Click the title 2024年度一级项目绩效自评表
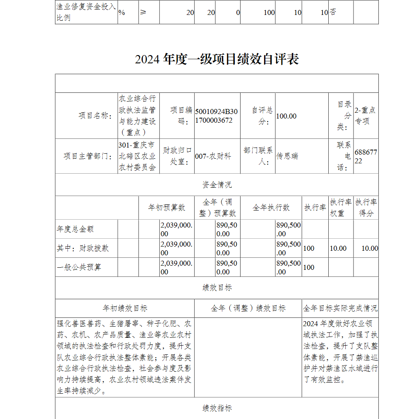coord(217,59)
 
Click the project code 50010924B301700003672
coord(216,116)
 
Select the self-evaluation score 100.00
coord(286,116)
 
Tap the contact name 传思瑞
coord(287,156)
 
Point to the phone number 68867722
coord(366,157)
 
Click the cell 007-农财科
coord(213,156)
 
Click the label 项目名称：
coord(95,116)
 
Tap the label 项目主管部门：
coord(88,156)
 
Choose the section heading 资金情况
coord(217,185)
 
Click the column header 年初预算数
coord(166,208)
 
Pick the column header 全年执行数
coord(271,208)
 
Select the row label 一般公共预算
coord(79,267)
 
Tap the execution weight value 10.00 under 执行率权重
coord(338,248)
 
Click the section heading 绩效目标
coord(217,288)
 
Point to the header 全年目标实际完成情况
coord(340,308)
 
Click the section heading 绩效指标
coord(217,408)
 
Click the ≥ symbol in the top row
coord(143,12)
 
